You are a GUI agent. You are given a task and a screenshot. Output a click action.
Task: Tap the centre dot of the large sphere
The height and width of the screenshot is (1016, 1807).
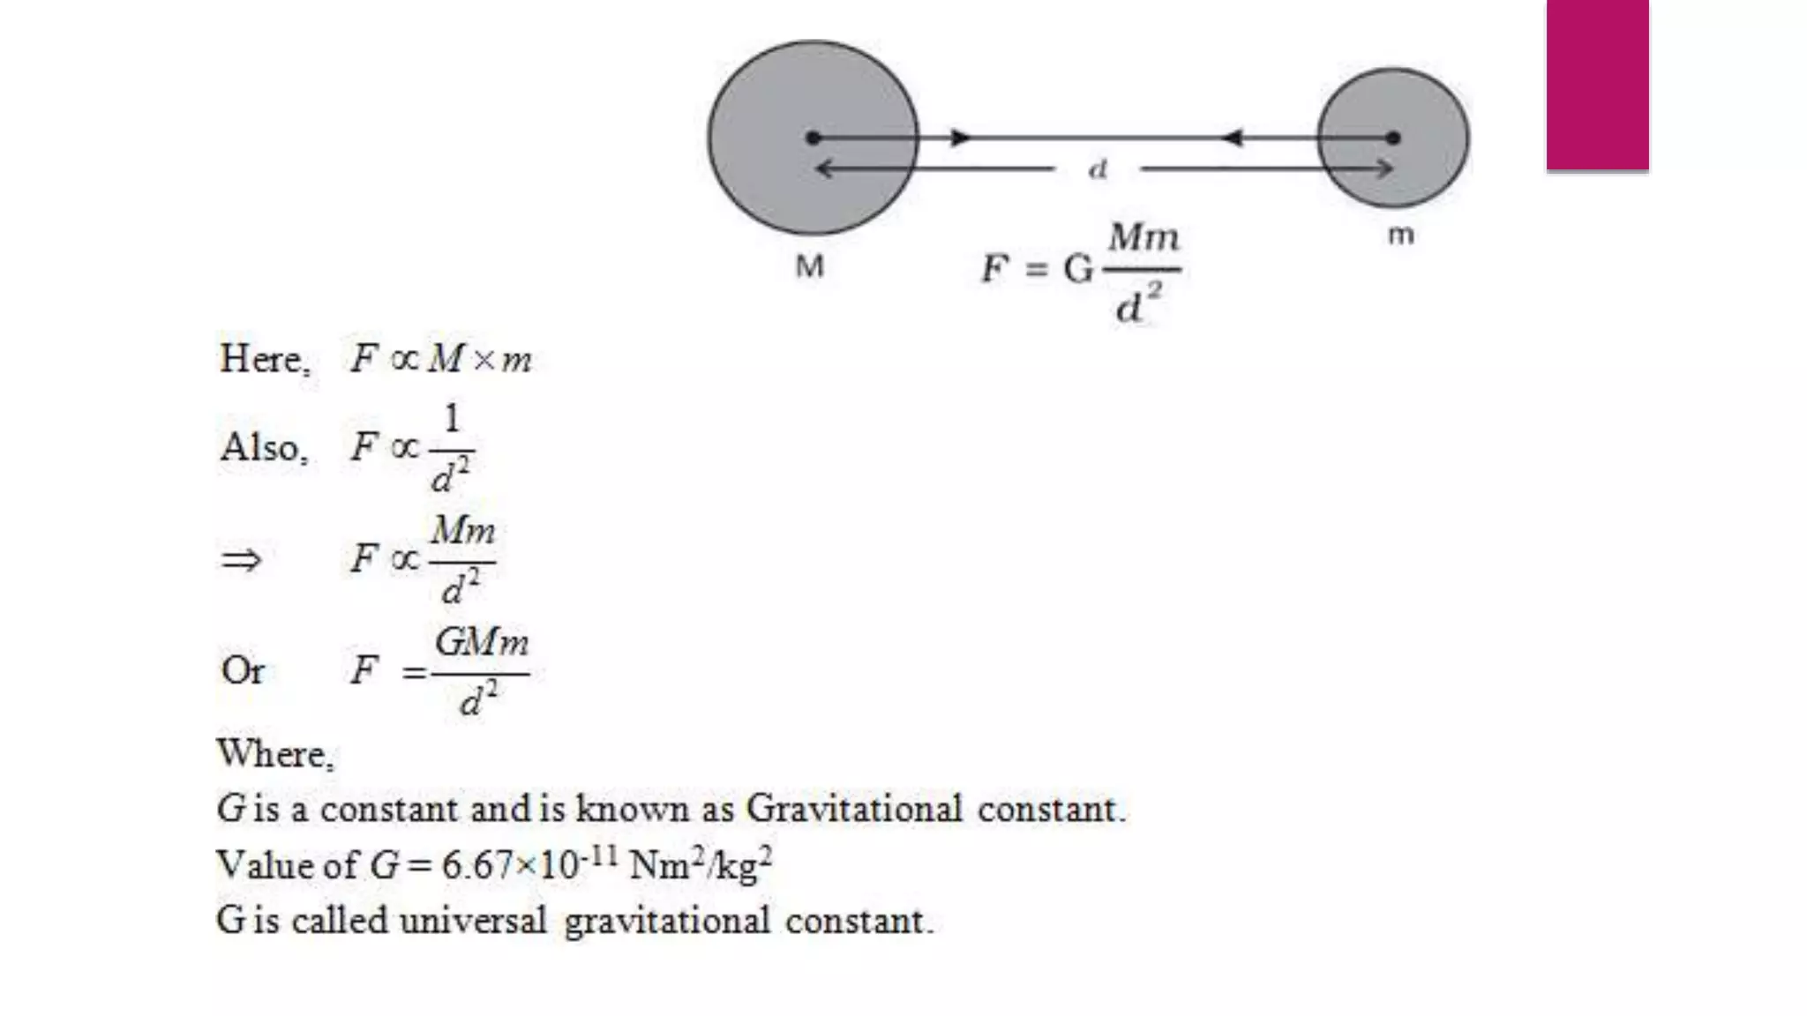814,138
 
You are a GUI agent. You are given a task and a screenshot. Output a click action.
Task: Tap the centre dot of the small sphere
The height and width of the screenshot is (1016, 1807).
1393,138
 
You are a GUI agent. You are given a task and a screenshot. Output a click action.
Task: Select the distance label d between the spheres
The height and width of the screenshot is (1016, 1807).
1098,168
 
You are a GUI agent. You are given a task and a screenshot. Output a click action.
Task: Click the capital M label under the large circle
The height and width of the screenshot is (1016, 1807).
809,265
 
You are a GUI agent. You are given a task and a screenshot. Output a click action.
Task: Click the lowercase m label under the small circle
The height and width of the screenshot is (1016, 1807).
1401,235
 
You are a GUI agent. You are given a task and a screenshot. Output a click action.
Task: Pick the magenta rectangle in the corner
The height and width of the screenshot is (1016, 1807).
1597,85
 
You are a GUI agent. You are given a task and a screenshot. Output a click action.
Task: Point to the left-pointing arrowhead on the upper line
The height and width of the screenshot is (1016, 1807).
1232,138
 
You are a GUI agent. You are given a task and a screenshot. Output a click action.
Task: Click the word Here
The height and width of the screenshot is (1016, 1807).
262,359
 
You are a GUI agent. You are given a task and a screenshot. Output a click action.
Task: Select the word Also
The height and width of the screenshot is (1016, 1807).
262,447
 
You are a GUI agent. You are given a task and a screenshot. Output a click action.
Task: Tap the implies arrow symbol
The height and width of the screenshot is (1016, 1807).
241,559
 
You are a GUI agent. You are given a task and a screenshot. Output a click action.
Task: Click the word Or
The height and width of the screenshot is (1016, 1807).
243,671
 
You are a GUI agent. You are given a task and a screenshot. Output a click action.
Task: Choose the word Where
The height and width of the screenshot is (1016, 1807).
274,754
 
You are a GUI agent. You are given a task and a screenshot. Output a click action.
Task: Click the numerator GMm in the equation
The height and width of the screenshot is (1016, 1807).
482,642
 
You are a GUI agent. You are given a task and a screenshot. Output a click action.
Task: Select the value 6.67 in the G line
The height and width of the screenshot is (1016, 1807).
476,865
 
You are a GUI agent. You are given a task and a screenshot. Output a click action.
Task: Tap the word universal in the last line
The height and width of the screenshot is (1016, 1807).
473,921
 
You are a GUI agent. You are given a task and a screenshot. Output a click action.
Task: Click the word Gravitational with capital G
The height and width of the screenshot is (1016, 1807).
853,809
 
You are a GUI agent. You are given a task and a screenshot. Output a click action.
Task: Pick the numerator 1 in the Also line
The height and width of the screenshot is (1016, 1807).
452,418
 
